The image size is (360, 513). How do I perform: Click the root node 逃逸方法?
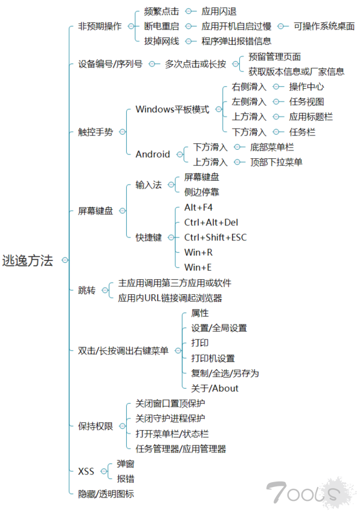tap(27, 260)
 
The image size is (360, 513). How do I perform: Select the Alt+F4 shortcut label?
tap(198, 207)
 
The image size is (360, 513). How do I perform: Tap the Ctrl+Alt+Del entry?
tap(211, 222)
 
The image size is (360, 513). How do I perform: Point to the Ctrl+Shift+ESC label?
tap(216, 237)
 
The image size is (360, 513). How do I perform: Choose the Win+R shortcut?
tap(198, 253)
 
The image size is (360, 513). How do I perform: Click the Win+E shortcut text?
tap(198, 268)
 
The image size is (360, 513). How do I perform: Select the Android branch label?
tap(153, 154)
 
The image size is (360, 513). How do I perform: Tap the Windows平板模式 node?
tap(172, 109)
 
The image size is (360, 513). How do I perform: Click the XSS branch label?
tap(86, 471)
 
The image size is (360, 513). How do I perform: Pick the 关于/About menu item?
tap(215, 389)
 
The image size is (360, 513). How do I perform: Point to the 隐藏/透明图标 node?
tap(106, 494)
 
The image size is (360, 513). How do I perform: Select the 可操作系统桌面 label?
tap(324, 26)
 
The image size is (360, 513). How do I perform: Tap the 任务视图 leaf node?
tap(306, 102)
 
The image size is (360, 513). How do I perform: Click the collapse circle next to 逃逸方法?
tap(65, 260)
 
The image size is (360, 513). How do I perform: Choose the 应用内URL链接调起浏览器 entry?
tap(170, 298)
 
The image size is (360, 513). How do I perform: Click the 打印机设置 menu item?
tap(213, 358)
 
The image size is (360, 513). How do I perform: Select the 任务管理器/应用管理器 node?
tap(181, 449)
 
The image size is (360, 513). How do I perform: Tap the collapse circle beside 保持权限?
tap(122, 426)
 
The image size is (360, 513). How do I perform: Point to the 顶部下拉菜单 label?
tap(276, 163)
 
